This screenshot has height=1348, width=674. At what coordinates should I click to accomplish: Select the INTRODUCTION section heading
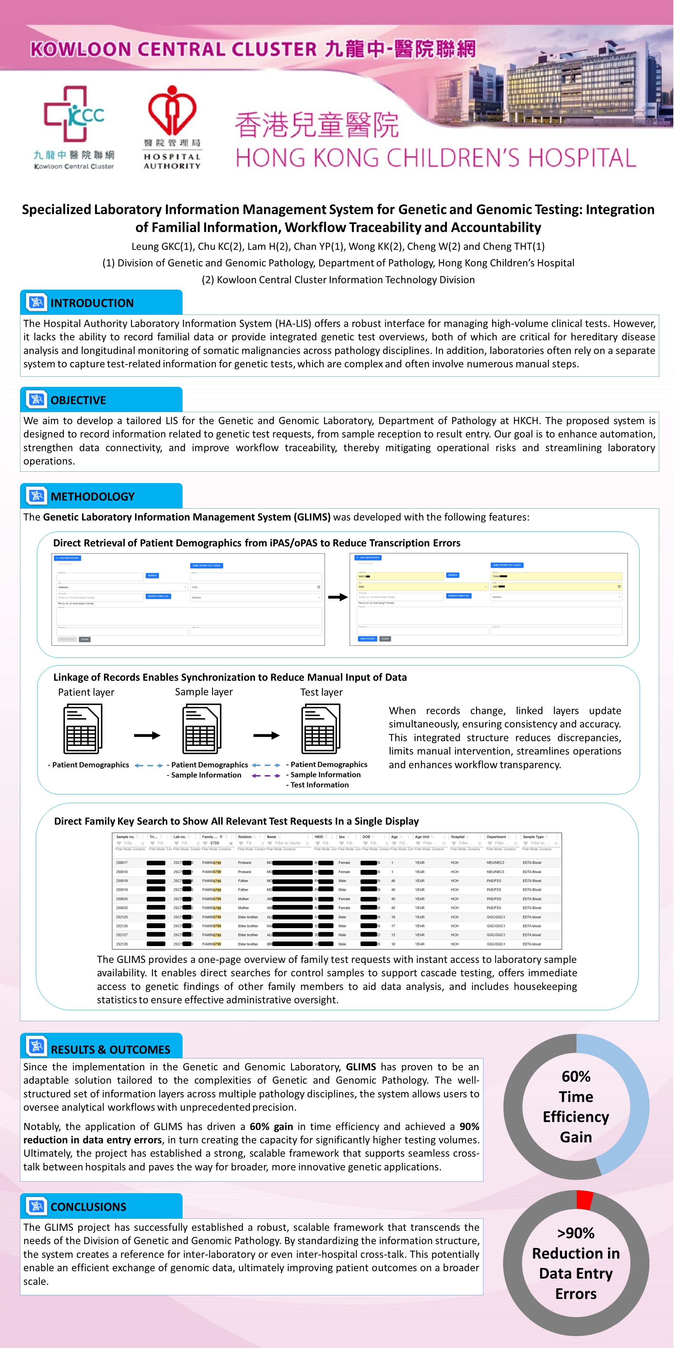[92, 303]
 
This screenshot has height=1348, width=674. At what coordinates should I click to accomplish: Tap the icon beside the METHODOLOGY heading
[36, 496]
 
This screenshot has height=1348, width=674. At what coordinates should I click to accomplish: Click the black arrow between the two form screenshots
[337, 597]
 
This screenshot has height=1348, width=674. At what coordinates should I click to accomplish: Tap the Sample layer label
[204, 692]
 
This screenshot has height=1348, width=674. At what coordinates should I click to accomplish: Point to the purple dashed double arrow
[266, 775]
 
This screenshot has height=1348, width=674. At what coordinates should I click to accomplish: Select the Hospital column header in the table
[458, 837]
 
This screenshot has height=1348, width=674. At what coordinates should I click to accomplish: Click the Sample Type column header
[533, 837]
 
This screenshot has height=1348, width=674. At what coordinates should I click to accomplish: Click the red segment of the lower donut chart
[584, 1200]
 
